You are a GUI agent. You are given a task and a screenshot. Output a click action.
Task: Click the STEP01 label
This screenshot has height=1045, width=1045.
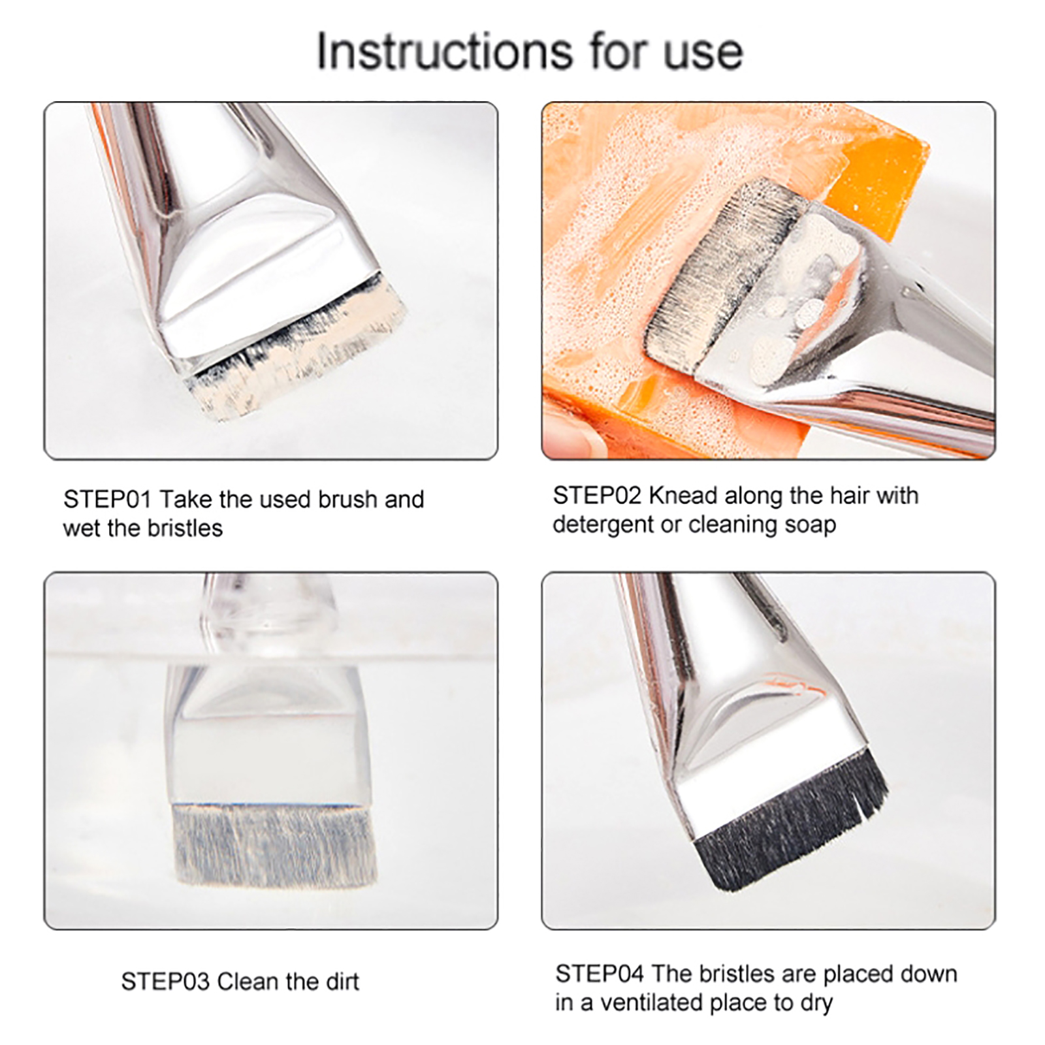(x=108, y=500)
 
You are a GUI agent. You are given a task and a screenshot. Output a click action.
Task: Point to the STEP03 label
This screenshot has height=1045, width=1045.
(x=166, y=982)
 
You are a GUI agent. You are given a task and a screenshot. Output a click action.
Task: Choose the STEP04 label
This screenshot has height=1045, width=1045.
(x=600, y=974)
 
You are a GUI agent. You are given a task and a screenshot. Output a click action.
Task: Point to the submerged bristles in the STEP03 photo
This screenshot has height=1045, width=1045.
(x=274, y=846)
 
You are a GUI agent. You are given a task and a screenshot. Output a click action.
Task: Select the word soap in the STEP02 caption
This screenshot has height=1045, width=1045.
(x=809, y=525)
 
